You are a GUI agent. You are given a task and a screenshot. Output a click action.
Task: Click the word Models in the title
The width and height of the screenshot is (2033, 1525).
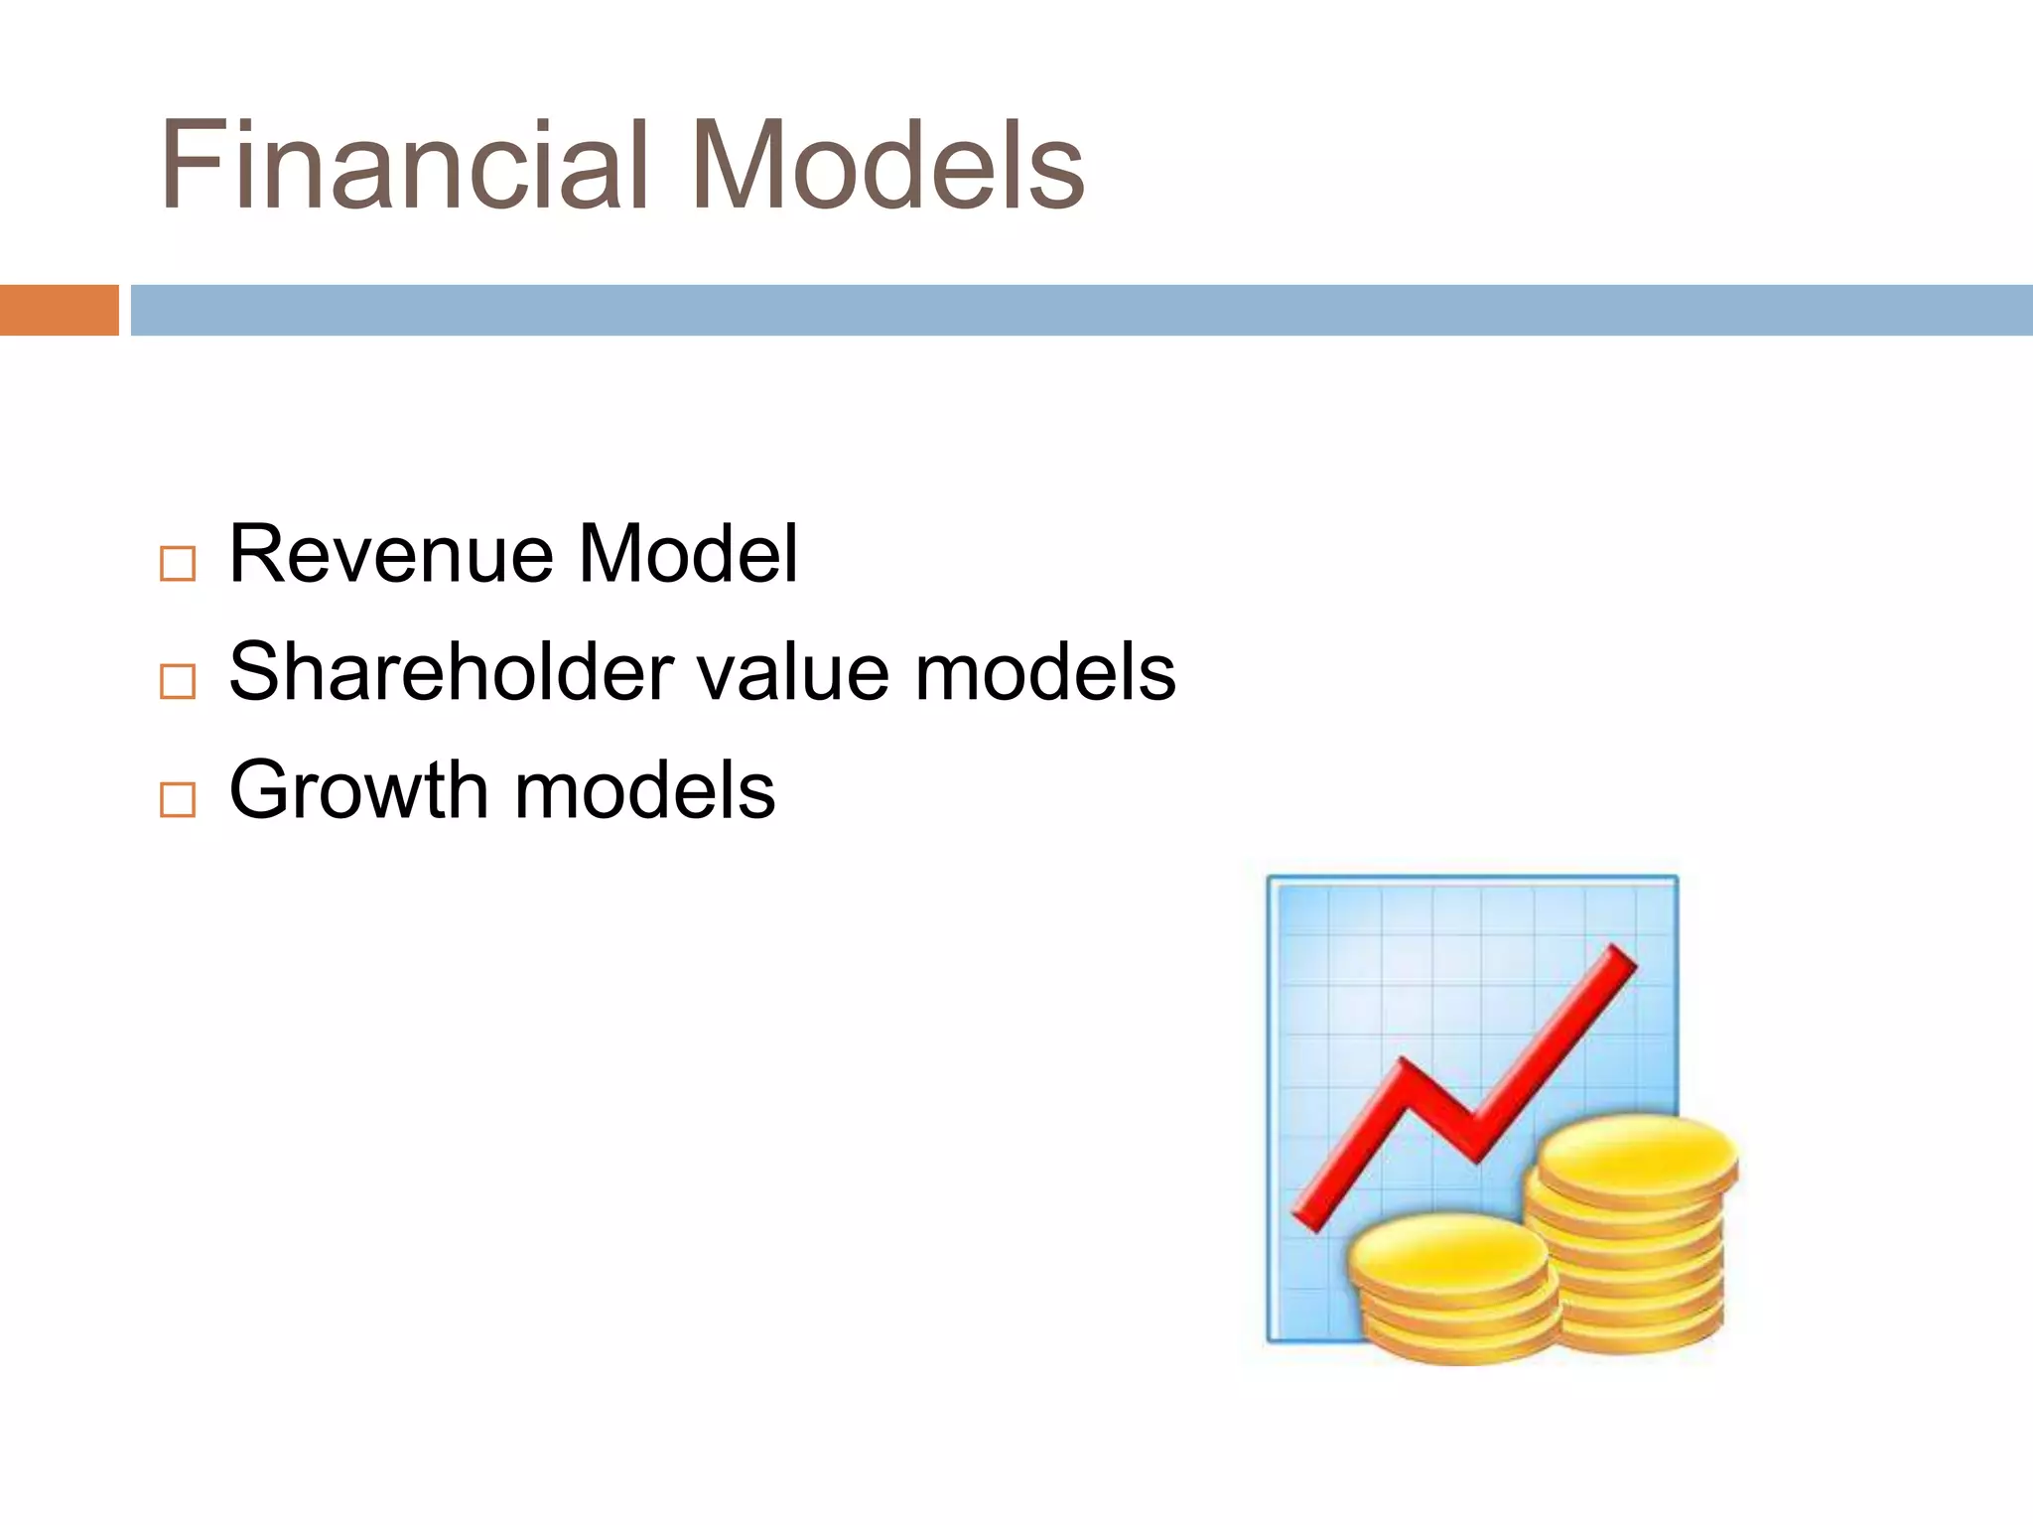tap(886, 166)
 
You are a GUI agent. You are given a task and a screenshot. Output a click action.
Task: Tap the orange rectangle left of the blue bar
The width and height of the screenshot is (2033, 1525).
tap(59, 310)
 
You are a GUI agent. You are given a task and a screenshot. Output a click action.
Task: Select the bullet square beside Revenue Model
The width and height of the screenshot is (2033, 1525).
tap(178, 564)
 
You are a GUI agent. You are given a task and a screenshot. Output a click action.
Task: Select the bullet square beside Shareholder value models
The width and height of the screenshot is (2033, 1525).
tap(178, 682)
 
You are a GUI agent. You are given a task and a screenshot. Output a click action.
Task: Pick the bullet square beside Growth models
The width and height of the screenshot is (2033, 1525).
tap(178, 799)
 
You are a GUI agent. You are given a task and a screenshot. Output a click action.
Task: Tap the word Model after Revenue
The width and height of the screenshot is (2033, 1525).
tap(688, 554)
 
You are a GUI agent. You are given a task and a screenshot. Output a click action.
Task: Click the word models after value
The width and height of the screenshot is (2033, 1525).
tap(1044, 672)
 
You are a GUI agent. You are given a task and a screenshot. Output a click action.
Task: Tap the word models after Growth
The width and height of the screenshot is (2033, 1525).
tap(644, 790)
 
